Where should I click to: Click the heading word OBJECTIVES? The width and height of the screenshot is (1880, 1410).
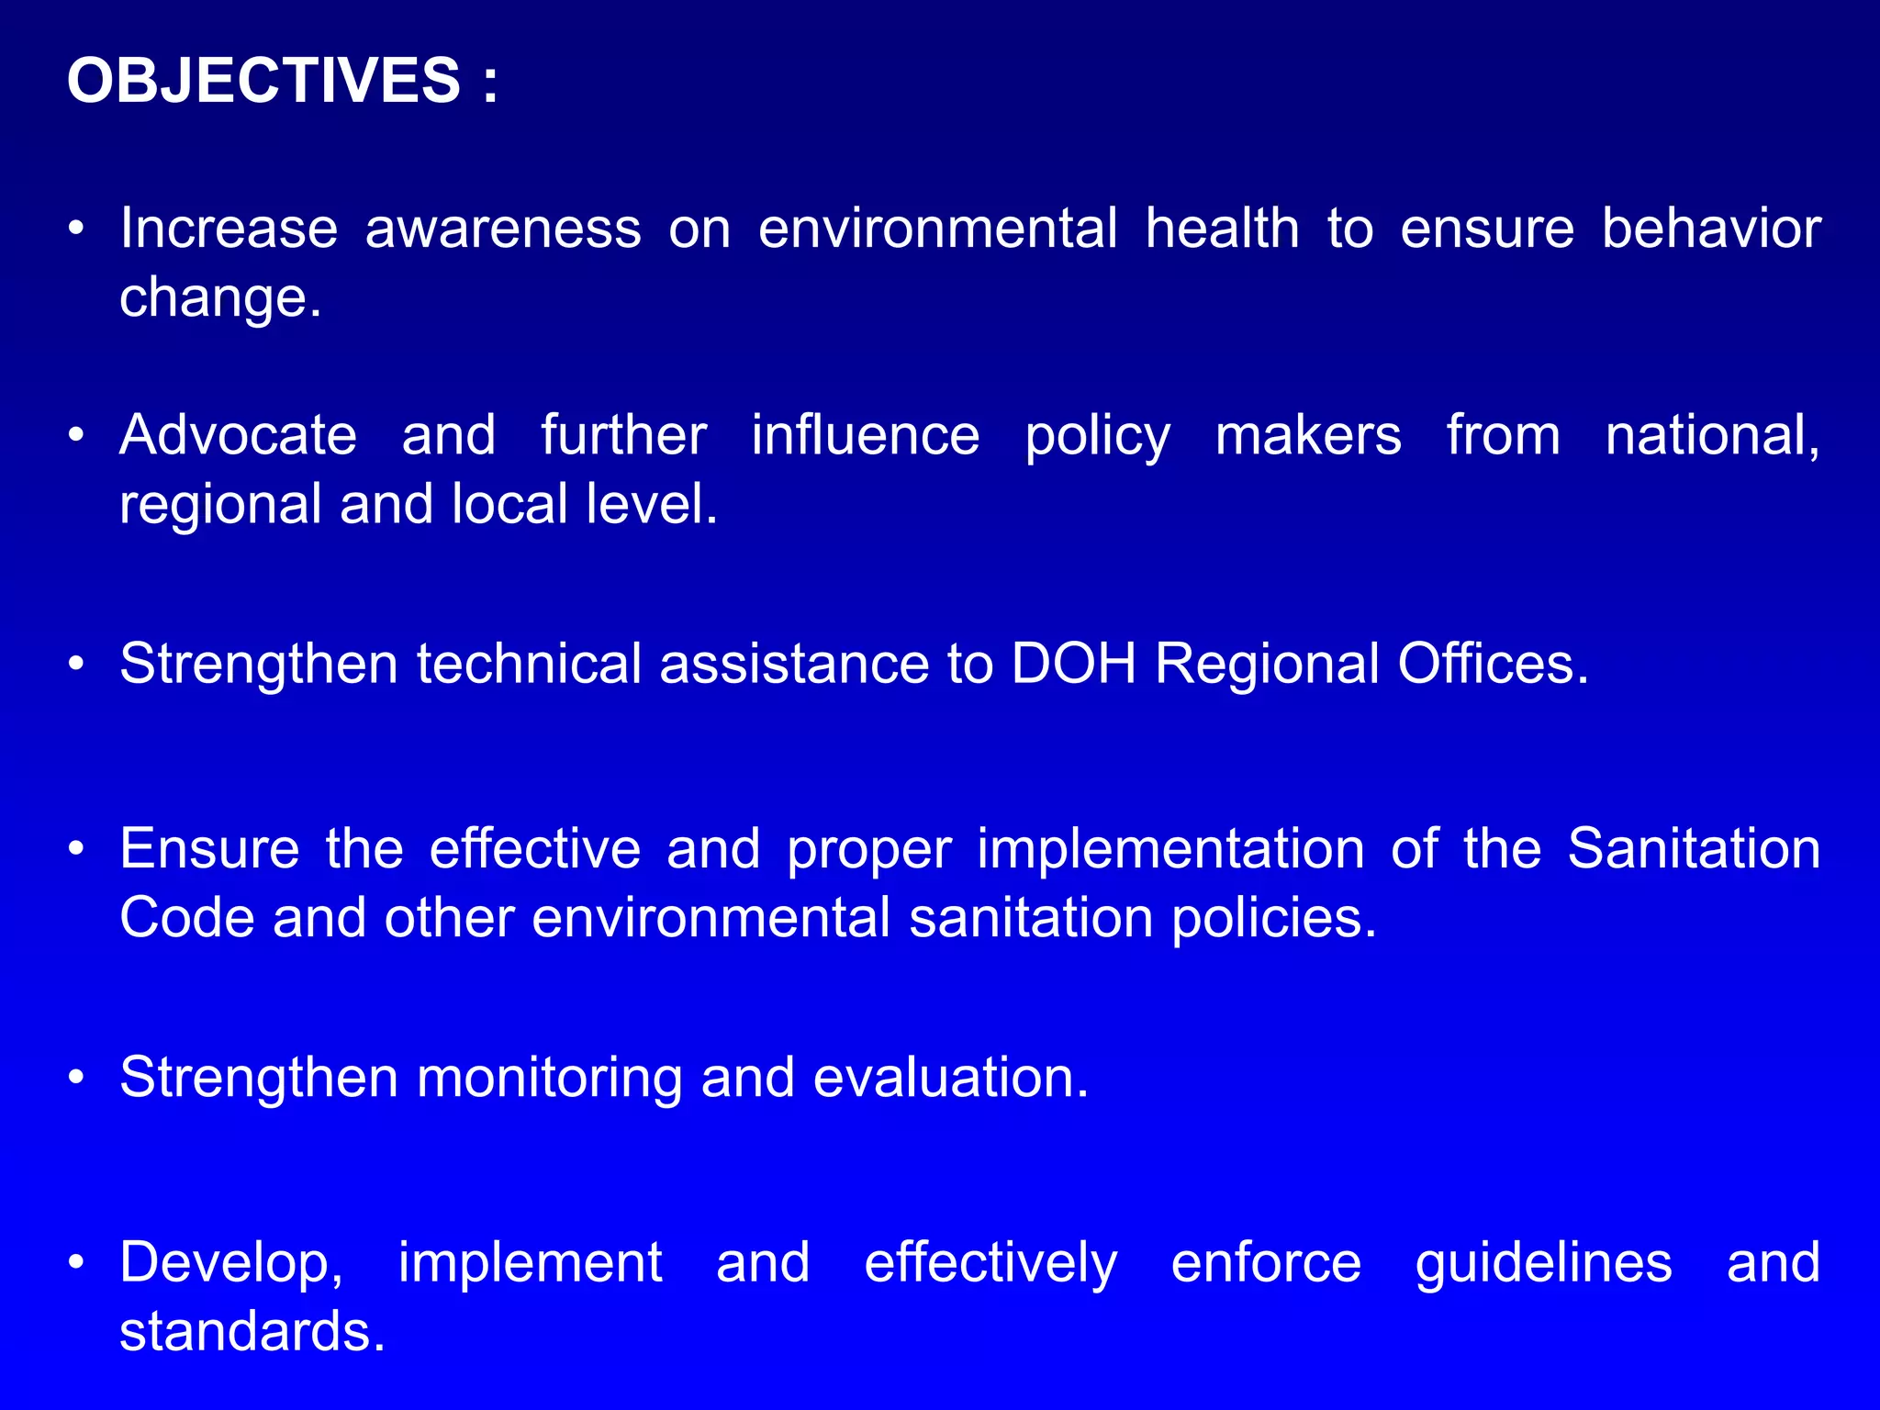[263, 81]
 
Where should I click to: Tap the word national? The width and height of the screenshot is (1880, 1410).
[1711, 436]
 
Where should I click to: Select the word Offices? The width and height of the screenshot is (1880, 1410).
[1492, 663]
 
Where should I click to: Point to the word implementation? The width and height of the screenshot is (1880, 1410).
[1170, 849]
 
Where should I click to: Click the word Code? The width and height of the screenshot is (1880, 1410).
[186, 917]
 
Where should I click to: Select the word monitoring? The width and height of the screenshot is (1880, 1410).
[549, 1078]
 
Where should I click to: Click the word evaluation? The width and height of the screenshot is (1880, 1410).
[950, 1077]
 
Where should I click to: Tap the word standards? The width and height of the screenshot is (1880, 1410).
[251, 1332]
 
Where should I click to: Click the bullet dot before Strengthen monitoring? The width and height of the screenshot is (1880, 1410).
[77, 1078]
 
